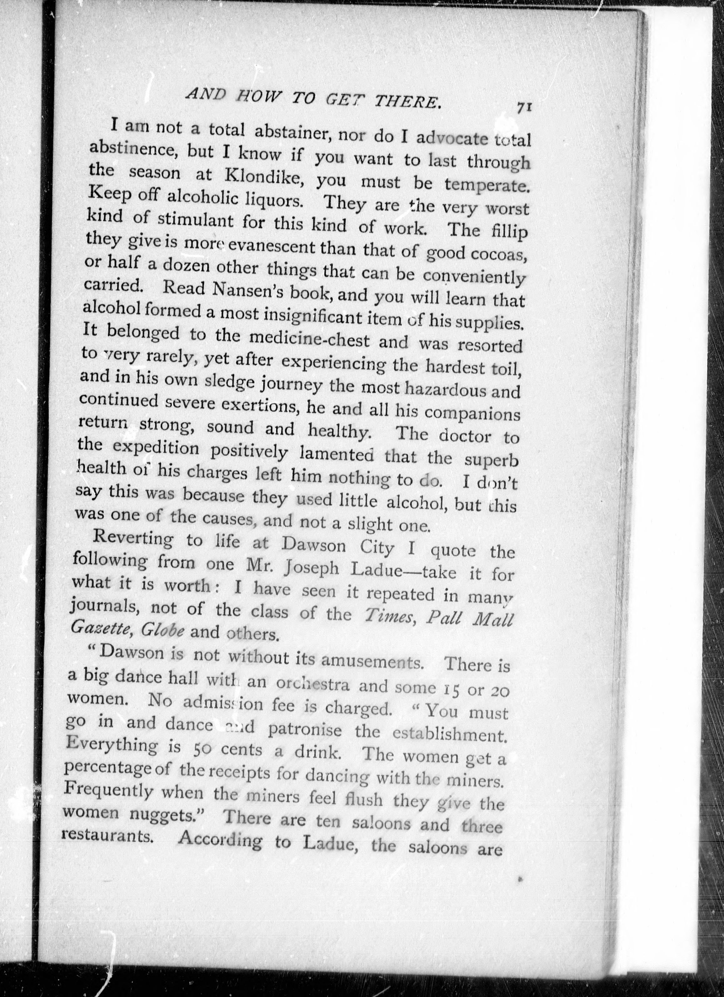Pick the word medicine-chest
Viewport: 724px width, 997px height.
(x=307, y=339)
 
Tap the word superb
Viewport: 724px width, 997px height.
(x=491, y=459)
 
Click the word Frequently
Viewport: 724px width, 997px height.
(x=108, y=791)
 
